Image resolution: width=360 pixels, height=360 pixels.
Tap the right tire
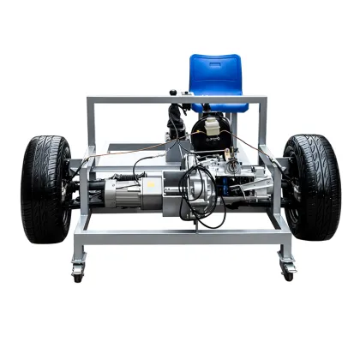312,186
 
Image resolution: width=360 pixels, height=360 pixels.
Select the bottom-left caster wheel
78,273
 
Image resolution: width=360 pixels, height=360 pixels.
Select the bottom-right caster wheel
288,272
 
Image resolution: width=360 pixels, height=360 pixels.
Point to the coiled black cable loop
206,197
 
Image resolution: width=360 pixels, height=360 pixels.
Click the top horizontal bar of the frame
176,101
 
